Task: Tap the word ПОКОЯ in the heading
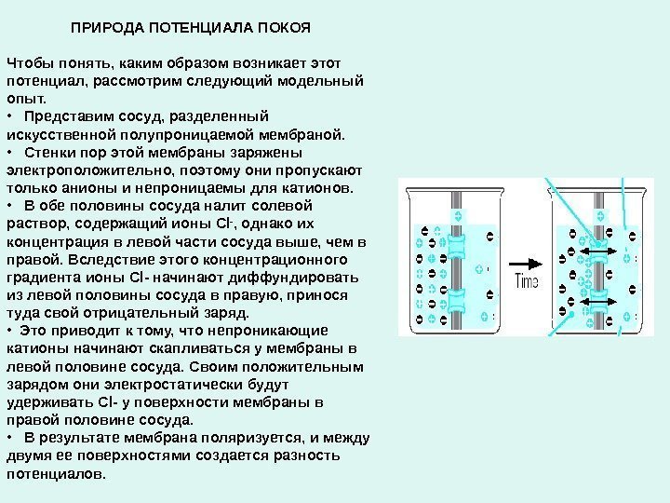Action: (x=284, y=27)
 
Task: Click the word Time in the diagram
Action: (x=527, y=280)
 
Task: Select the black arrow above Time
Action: (x=526, y=262)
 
